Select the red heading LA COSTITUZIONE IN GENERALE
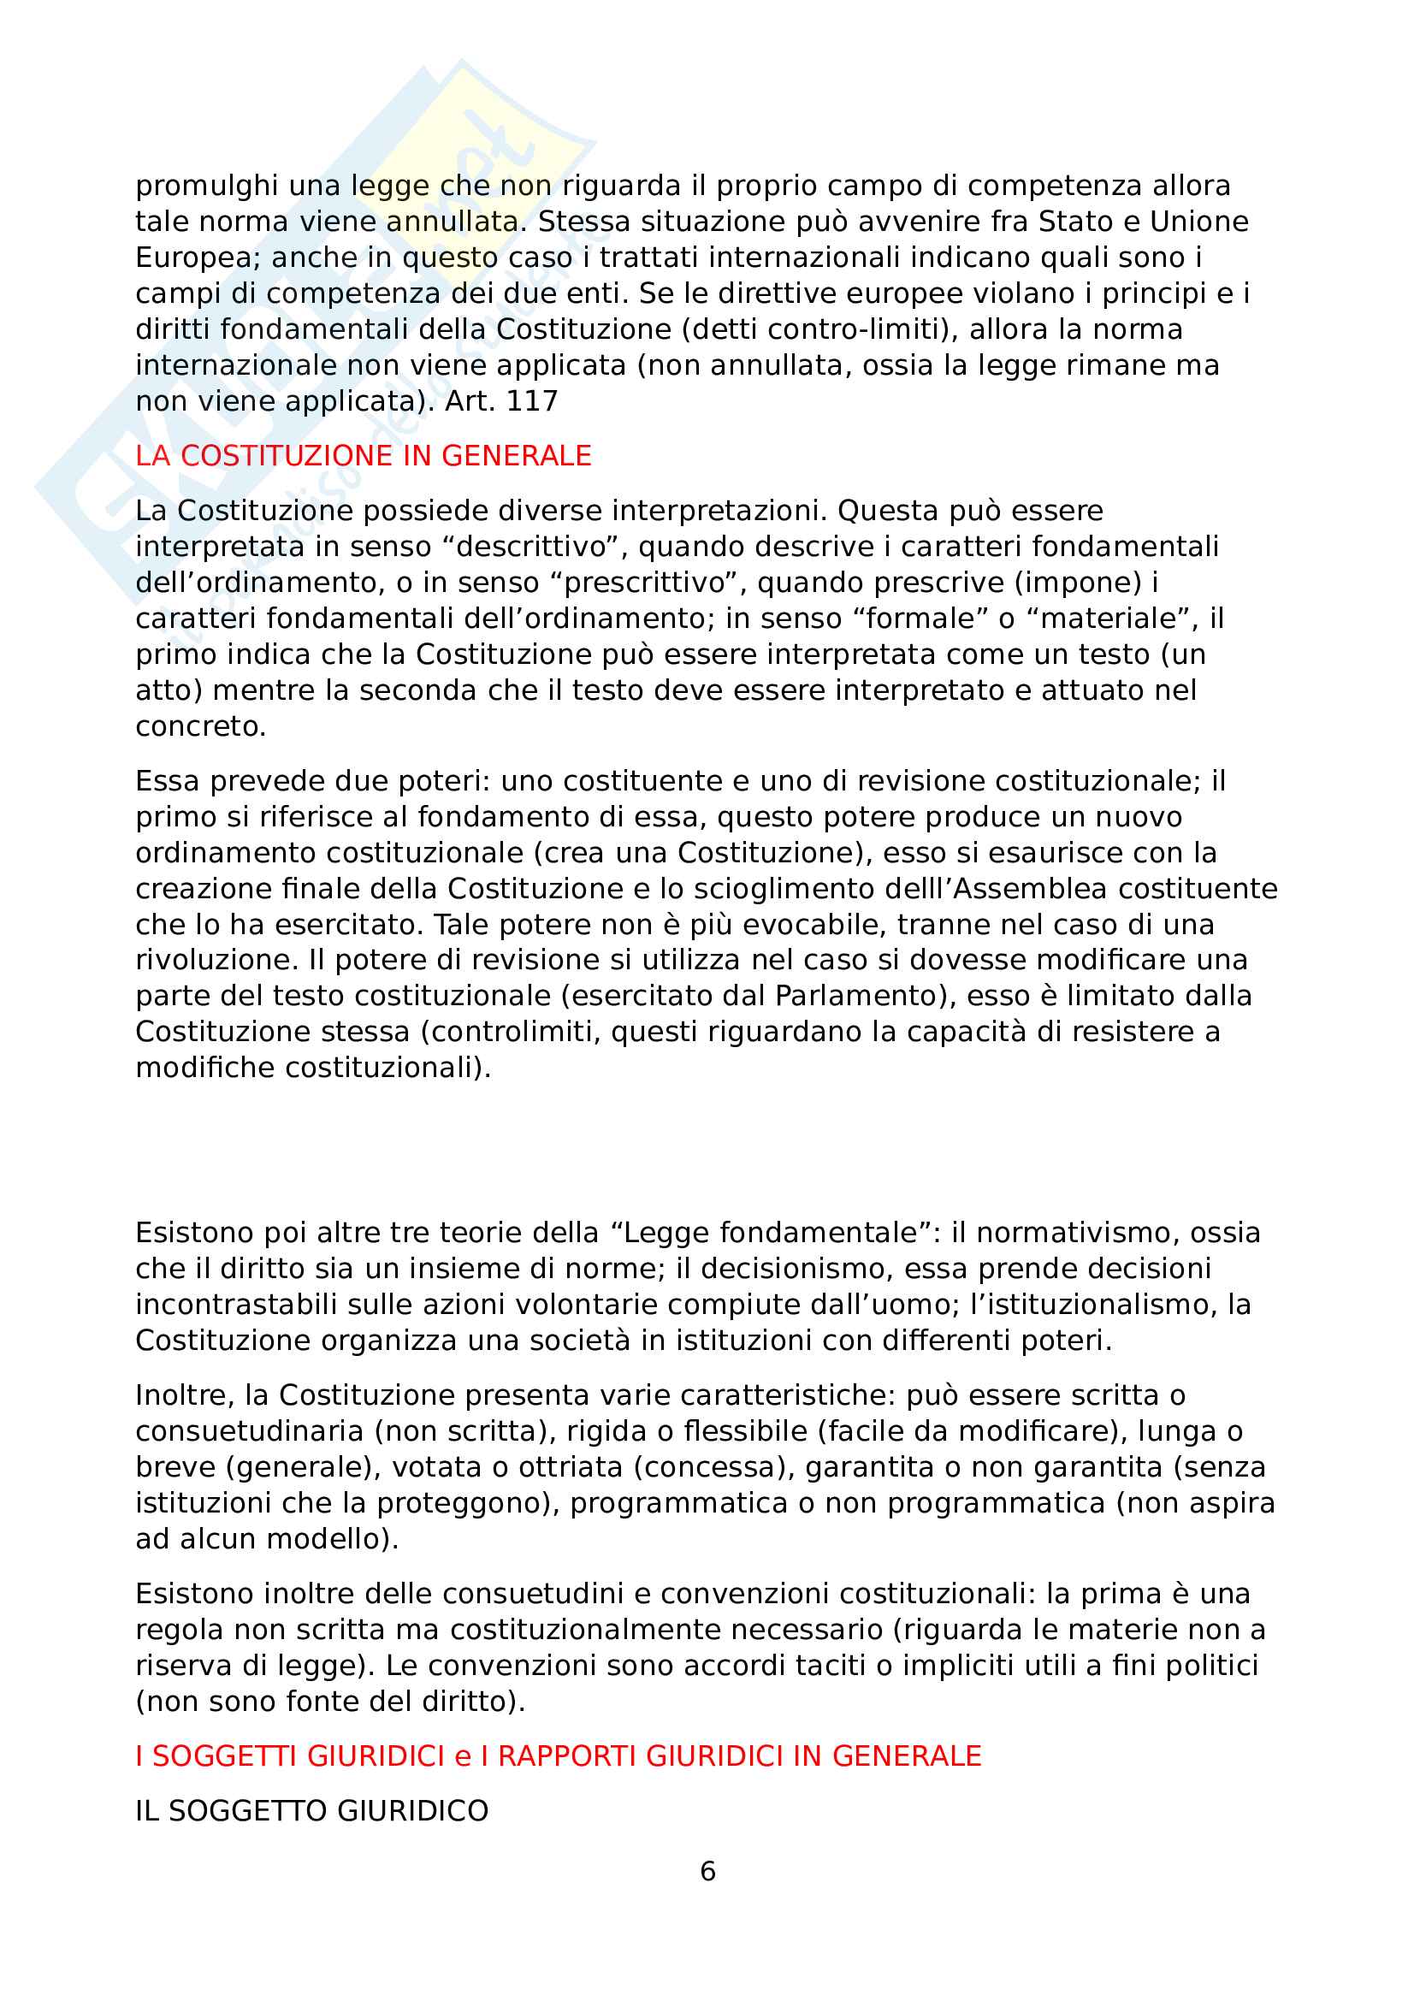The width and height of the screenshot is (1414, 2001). tap(364, 456)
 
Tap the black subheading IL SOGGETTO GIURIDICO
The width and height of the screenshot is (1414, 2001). tap(312, 1811)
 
